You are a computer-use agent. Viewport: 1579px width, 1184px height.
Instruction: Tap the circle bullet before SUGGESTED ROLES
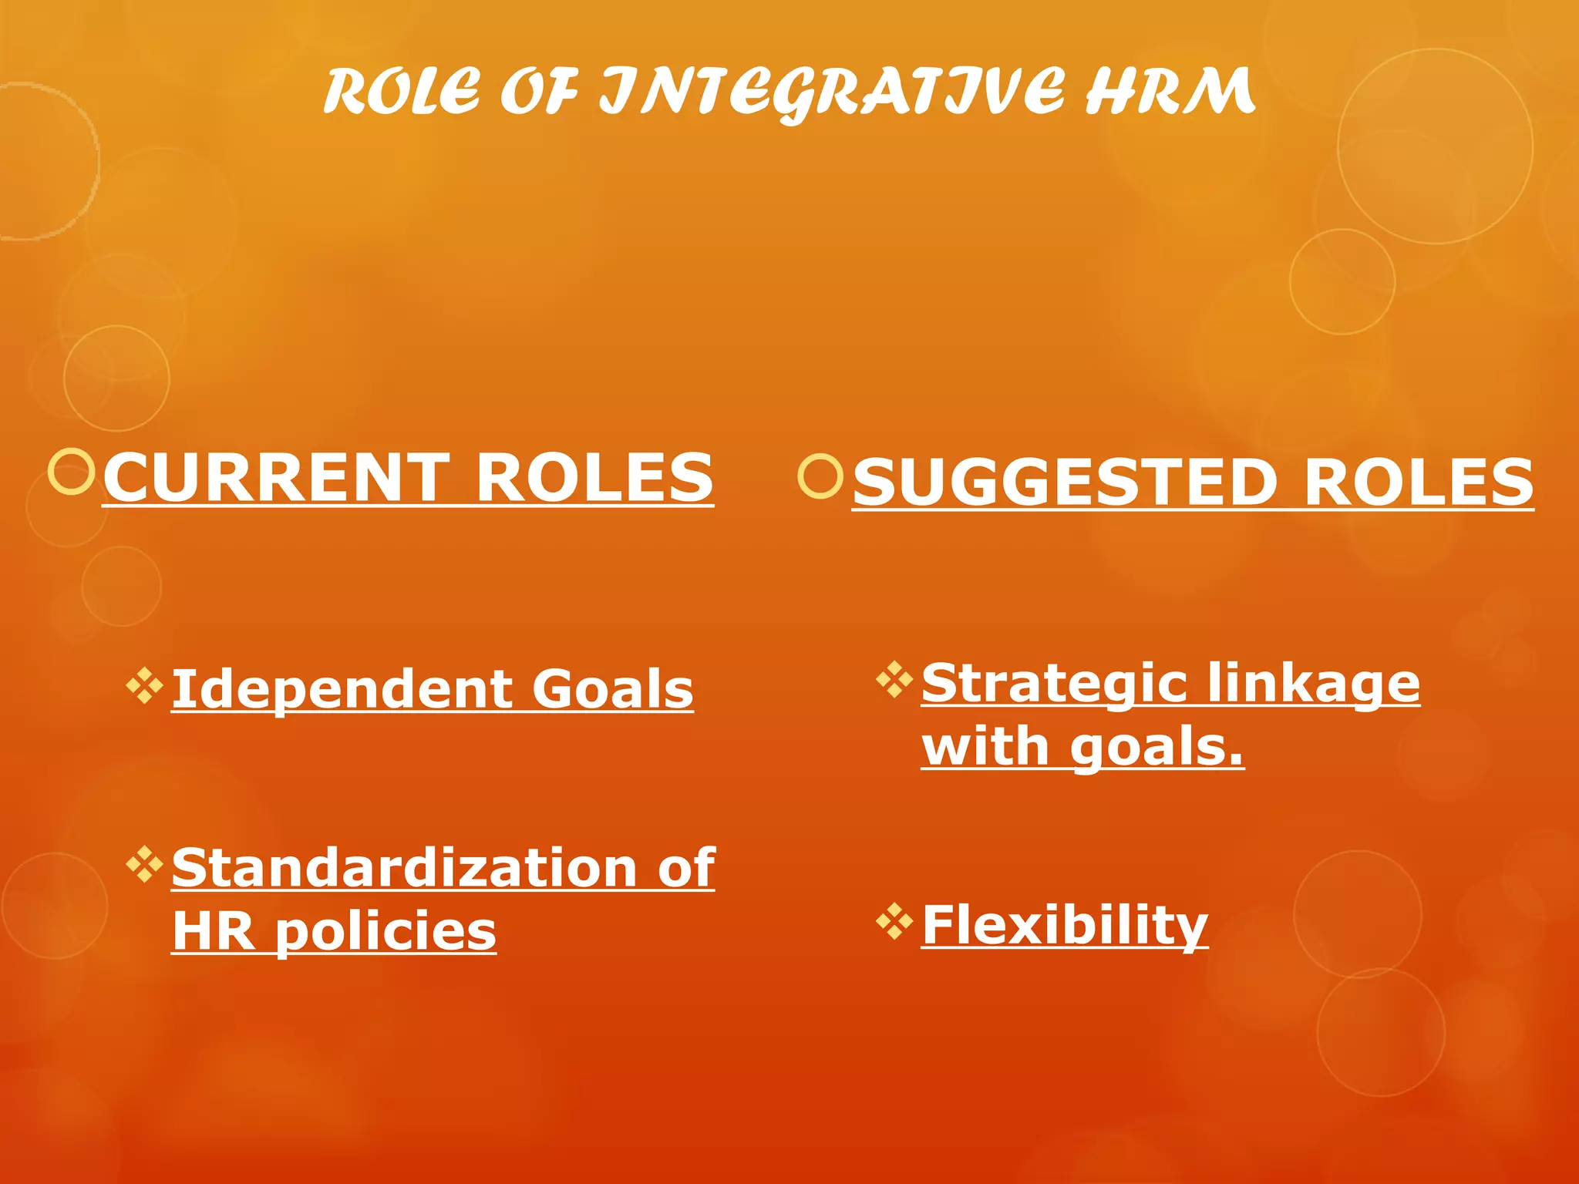(820, 476)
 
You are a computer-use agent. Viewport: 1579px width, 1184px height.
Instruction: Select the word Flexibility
(1065, 925)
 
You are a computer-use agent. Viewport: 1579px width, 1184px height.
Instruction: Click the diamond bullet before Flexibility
(894, 921)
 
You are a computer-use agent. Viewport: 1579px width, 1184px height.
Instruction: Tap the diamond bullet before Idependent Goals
(145, 685)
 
